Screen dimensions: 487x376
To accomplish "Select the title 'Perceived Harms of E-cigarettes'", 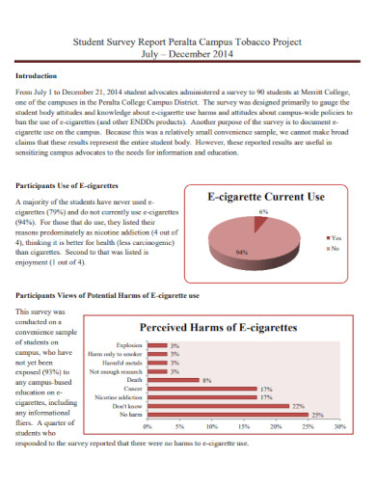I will point(219,328).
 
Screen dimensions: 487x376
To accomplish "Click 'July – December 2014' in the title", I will point(188,55).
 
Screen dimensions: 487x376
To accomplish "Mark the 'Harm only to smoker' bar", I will point(155,354).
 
